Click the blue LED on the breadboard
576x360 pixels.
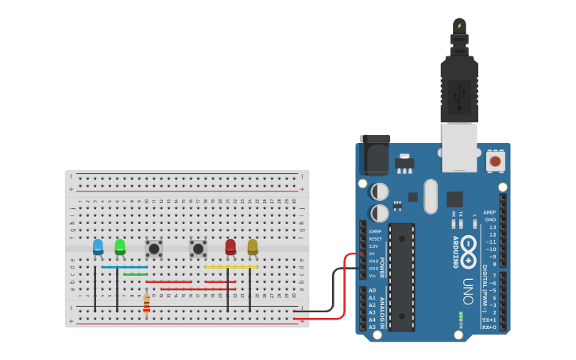(98, 247)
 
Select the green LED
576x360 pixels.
(120, 247)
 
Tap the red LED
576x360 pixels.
(230, 247)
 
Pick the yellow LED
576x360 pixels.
(253, 247)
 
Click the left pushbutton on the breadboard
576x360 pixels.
(154, 249)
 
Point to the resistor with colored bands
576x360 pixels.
(146, 304)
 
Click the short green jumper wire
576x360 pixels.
(135, 274)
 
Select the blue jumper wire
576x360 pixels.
(124, 267)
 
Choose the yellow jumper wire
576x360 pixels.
(231, 267)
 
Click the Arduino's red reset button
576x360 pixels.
(495, 161)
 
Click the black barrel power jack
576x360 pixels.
(375, 155)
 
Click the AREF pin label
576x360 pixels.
(489, 212)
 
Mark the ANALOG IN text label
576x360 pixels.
(383, 311)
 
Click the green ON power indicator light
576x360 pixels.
(461, 315)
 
